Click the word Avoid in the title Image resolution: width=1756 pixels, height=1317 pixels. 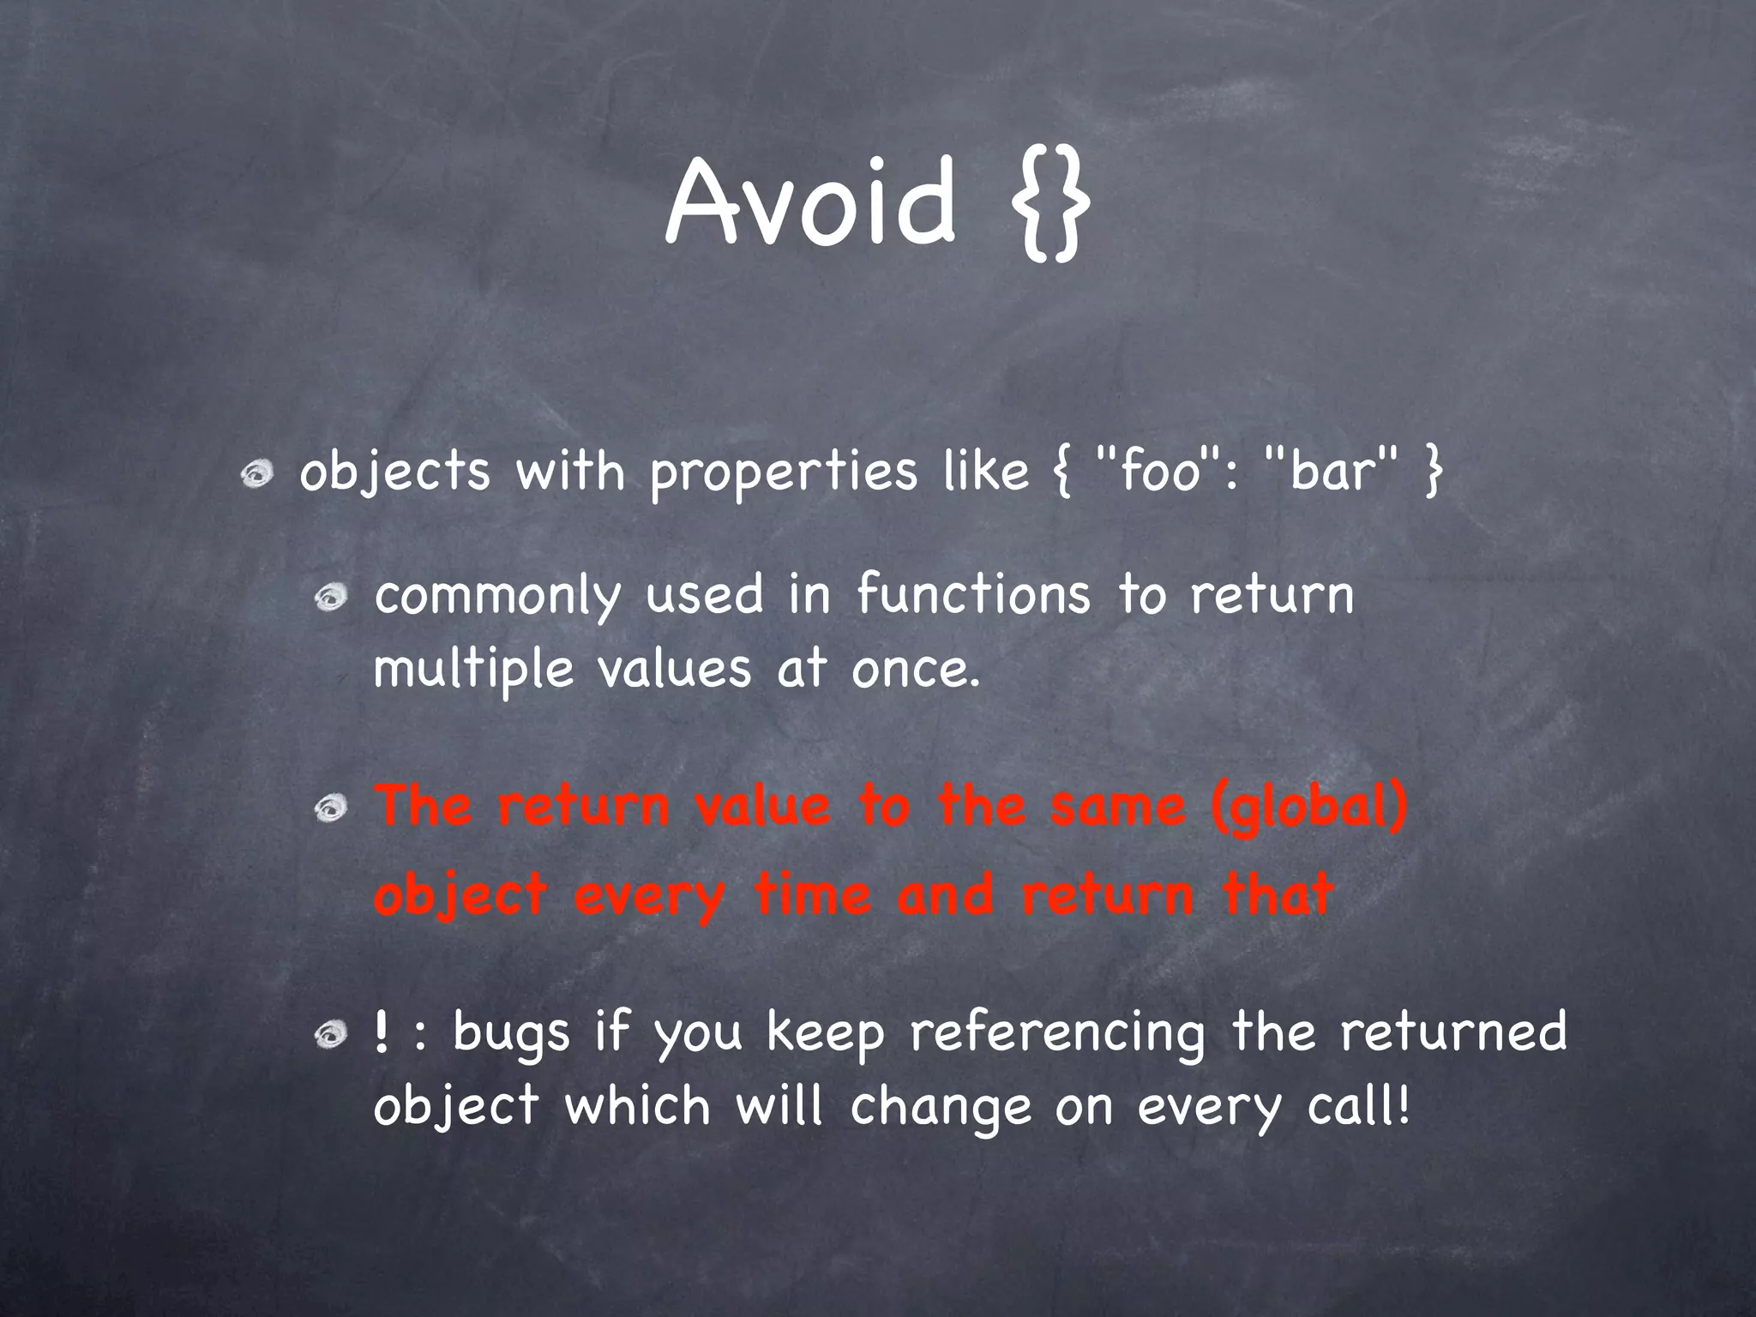click(809, 202)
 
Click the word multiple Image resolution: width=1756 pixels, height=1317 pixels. click(473, 669)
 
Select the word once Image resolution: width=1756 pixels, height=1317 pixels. click(915, 669)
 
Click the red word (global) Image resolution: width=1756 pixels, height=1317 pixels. click(1310, 809)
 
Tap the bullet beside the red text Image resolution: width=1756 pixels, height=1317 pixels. click(330, 808)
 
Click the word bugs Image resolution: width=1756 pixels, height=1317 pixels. click(511, 1033)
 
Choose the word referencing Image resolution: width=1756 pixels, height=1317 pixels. click(1057, 1033)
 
